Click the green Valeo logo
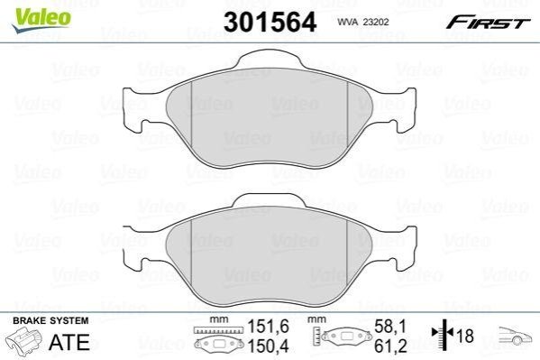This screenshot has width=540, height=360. point(41,20)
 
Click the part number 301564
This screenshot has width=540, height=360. point(270,22)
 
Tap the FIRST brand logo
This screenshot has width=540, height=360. point(488,23)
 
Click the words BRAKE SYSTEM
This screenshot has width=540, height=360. point(50,320)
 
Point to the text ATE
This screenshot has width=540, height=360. point(69,342)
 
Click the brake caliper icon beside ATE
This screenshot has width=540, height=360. point(24,339)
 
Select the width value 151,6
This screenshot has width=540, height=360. point(269,327)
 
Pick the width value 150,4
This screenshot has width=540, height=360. point(269,346)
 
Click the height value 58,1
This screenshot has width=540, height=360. point(390,327)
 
